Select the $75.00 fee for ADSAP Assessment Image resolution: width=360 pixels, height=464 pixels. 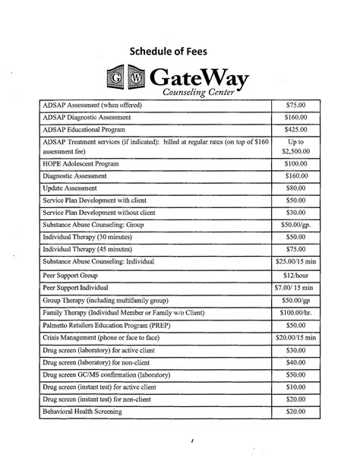tap(295, 105)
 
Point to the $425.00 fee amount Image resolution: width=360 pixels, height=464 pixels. tap(295, 130)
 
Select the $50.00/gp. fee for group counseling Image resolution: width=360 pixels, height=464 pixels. tap(295, 226)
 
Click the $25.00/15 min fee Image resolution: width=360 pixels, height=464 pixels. tap(295, 262)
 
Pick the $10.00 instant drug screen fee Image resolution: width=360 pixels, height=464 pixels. tap(295, 387)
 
